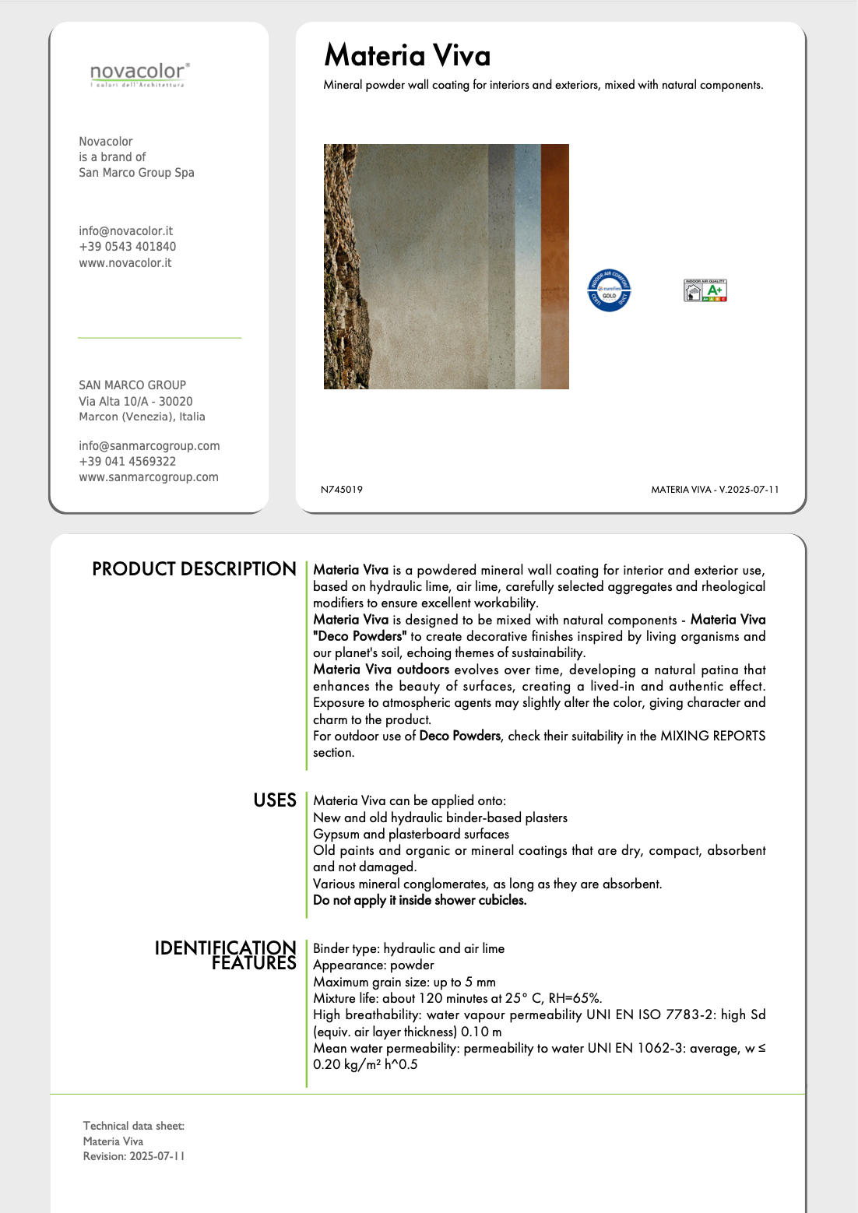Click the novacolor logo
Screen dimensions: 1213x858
(139, 75)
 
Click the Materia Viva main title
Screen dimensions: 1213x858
(407, 55)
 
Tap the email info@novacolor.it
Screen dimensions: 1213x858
(125, 231)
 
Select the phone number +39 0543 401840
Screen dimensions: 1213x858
(127, 247)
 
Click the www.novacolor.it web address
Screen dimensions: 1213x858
(125, 263)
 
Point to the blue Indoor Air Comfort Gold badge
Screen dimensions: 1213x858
(609, 290)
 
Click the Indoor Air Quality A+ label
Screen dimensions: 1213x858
(705, 290)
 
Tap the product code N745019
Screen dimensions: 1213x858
(342, 490)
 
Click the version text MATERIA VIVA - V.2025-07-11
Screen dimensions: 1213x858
(715, 490)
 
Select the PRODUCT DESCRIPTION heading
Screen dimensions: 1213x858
(194, 569)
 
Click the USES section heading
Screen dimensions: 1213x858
(275, 800)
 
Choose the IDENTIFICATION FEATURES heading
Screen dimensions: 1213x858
(226, 955)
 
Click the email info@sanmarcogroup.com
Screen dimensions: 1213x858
(149, 446)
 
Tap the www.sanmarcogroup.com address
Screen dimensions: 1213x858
(148, 477)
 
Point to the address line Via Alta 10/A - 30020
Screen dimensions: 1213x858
(135, 402)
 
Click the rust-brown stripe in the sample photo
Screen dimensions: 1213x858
(554, 266)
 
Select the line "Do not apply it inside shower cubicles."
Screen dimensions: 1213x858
(420, 900)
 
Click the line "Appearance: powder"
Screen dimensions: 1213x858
(373, 965)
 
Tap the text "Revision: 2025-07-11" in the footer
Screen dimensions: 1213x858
(134, 1156)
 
